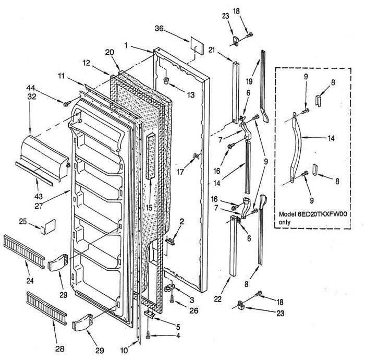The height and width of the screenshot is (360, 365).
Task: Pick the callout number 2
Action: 182,222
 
